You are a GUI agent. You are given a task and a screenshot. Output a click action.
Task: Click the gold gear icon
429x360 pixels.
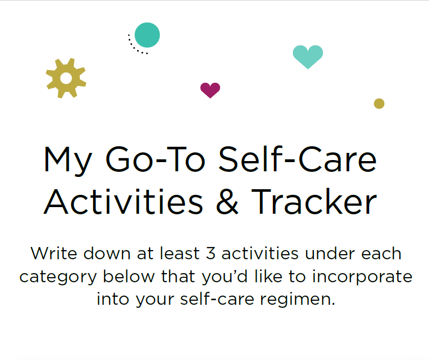pos(66,78)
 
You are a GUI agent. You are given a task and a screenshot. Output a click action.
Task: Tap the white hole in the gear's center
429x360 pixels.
pos(66,78)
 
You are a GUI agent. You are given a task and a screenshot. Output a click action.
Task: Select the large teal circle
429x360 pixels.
pos(147,35)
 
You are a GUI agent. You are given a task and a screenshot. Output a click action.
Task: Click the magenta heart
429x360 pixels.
pos(210,90)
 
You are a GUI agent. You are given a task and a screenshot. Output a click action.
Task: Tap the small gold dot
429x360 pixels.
pos(379,104)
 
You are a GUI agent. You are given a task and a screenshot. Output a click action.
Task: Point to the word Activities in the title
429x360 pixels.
pos(123,201)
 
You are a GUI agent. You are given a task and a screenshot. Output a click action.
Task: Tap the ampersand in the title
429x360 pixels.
pos(227,201)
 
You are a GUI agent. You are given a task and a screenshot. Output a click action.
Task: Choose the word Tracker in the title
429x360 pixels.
pos(314,201)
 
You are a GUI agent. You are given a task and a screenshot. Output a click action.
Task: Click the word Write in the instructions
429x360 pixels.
pos(54,254)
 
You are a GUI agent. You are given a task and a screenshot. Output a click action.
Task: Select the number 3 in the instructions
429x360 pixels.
pos(211,254)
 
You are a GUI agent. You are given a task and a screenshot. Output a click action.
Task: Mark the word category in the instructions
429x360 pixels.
pos(58,277)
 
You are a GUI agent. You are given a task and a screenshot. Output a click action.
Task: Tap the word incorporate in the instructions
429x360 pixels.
pos(362,277)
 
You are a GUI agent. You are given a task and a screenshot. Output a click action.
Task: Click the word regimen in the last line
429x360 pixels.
pos(297,300)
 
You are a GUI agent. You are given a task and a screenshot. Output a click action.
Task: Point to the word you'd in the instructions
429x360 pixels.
pos(225,277)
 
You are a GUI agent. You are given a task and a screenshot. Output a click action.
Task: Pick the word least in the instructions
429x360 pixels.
pos(180,253)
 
